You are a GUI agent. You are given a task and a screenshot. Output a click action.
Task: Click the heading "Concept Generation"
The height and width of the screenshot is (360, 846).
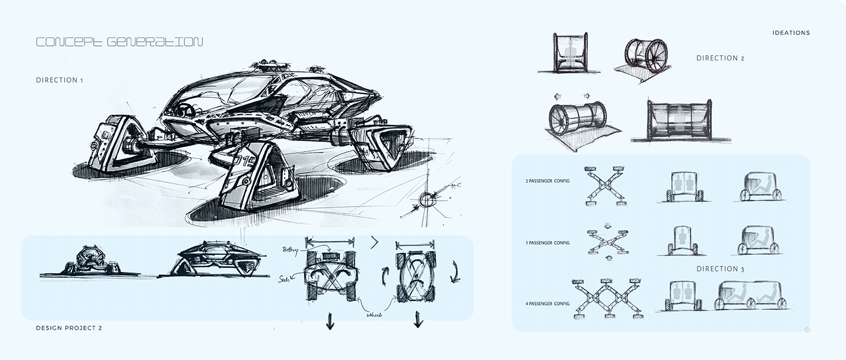(119, 42)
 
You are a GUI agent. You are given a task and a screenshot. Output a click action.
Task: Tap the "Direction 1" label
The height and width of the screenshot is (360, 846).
(59, 80)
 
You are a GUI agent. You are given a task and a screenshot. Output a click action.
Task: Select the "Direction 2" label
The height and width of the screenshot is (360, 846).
(720, 59)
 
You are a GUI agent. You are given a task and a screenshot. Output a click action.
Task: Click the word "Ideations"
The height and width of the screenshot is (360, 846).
(791, 33)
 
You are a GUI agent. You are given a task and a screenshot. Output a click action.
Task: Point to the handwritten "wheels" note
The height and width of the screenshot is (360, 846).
(373, 313)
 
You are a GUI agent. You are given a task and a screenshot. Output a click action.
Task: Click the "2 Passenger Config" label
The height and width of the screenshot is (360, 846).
(548, 181)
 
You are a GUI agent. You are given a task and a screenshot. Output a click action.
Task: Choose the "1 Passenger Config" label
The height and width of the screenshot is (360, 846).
(548, 243)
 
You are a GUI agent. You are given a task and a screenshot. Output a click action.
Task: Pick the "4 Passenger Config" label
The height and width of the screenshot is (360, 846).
(548, 303)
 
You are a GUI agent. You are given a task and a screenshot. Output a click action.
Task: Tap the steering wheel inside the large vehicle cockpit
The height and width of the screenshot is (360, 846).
(186, 111)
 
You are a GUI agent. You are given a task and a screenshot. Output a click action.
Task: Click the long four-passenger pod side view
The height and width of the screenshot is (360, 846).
(752, 295)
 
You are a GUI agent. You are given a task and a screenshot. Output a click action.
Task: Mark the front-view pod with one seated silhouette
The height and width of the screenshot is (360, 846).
(682, 240)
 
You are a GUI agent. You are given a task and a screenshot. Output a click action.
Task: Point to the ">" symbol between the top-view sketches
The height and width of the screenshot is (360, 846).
(374, 243)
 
